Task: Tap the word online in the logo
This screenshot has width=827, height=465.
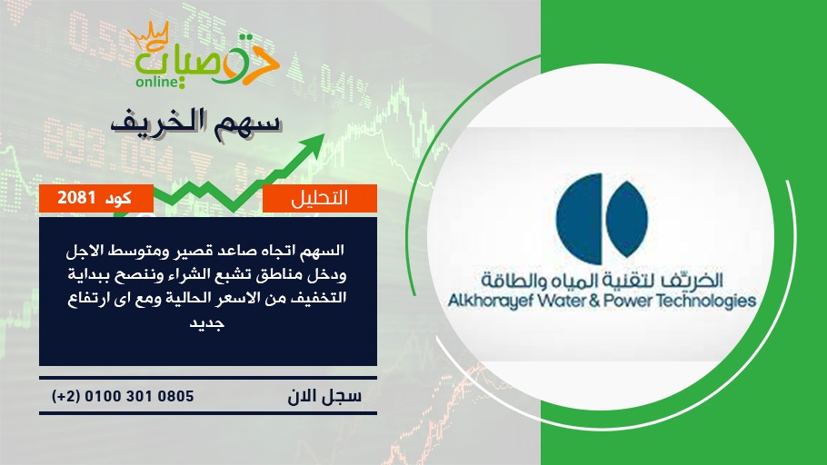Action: pyautogui.click(x=155, y=82)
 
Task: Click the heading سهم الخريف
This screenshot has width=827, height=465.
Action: pyautogui.click(x=195, y=124)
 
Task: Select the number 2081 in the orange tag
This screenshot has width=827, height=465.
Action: pyautogui.click(x=76, y=198)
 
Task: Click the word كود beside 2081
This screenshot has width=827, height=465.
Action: pyautogui.click(x=118, y=198)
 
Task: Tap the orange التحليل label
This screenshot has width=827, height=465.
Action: pyautogui.click(x=320, y=198)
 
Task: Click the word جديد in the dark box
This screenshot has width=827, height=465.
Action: pyautogui.click(x=207, y=322)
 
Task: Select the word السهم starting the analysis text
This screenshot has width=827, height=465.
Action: pyautogui.click(x=322, y=250)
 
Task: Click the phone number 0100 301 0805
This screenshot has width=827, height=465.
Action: pyautogui.click(x=139, y=396)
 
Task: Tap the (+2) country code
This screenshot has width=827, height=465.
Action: pyautogui.click(x=66, y=396)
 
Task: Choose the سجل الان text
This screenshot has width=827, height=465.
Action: pyautogui.click(x=324, y=396)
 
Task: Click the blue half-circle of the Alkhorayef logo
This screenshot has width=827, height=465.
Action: pyautogui.click(x=580, y=219)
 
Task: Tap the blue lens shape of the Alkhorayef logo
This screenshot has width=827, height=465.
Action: pyautogui.click(x=626, y=219)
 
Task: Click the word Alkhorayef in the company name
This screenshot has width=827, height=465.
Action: pyautogui.click(x=491, y=302)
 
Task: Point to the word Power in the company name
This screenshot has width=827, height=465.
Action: pyautogui.click(x=628, y=301)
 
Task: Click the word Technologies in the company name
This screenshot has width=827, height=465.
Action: pyautogui.click(x=706, y=302)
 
